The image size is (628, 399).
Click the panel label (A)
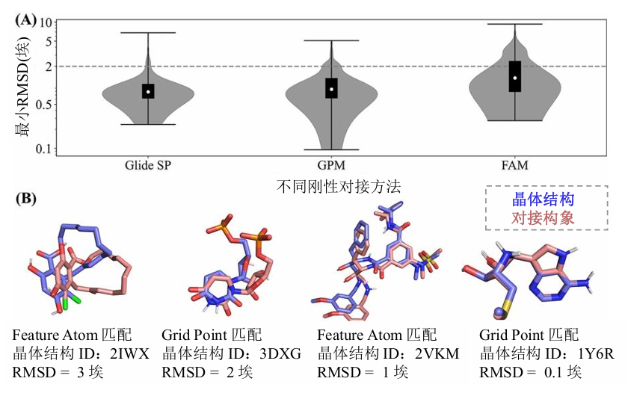(x=26, y=20)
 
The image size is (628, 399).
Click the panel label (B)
(x=26, y=199)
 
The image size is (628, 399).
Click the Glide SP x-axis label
(x=148, y=164)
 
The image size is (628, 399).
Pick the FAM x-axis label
(x=515, y=164)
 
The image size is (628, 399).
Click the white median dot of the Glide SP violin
(x=148, y=92)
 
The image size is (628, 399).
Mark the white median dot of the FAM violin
(x=515, y=78)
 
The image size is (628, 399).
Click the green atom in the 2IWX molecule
(x=66, y=304)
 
